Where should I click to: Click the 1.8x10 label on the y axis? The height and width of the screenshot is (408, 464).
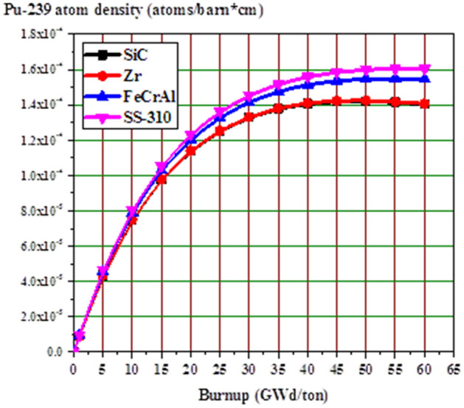point(41,35)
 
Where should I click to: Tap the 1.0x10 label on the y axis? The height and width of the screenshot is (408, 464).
point(41,176)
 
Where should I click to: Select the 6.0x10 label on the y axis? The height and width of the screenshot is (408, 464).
point(41,247)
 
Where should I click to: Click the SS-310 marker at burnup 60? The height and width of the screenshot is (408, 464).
point(426,68)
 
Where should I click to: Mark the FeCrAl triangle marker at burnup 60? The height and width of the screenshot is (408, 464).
point(426,79)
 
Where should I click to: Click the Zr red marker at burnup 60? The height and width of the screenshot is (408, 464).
point(426,104)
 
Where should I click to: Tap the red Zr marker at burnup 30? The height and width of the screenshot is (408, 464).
point(249,117)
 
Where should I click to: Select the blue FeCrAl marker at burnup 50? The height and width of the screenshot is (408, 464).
point(365,79)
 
